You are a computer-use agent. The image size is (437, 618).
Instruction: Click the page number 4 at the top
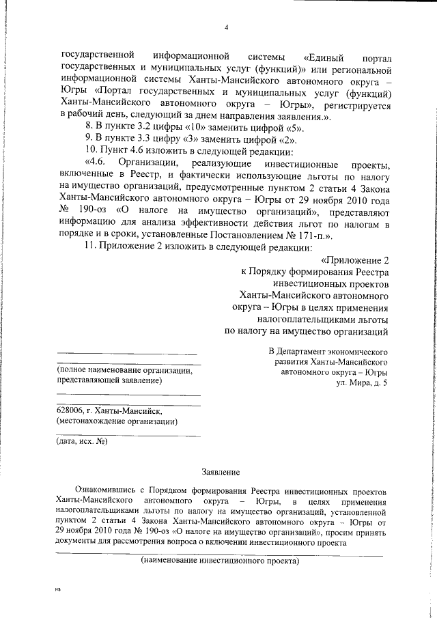point(226,28)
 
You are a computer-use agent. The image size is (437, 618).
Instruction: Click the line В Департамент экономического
point(328,351)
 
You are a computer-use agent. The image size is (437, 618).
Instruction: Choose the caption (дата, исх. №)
point(82,440)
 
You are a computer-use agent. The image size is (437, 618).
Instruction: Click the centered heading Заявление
point(222,472)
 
